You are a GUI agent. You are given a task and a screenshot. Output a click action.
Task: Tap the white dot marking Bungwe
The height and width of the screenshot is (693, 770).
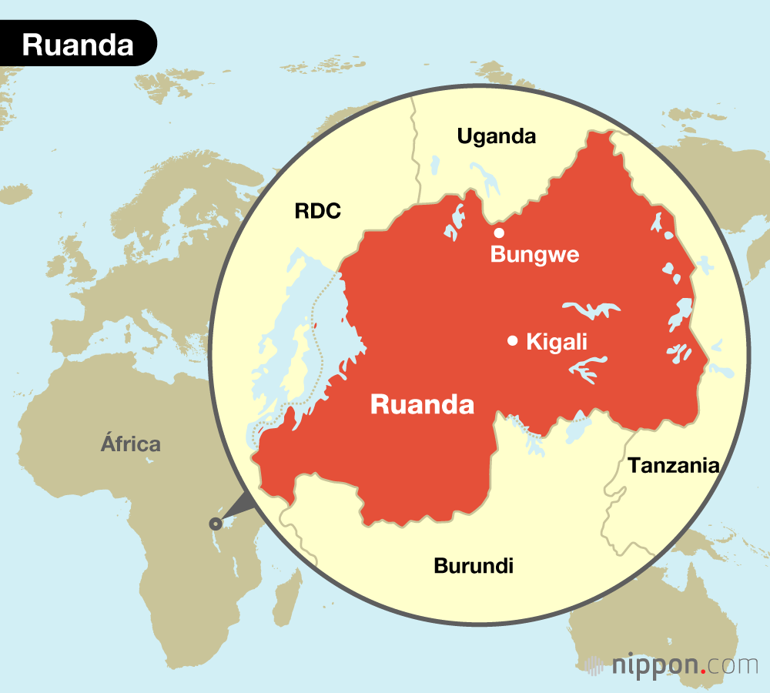[x=499, y=233]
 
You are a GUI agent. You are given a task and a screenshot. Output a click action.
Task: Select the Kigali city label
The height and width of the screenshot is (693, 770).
[x=557, y=342]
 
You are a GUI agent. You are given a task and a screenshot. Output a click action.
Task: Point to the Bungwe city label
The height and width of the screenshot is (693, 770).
[x=534, y=255]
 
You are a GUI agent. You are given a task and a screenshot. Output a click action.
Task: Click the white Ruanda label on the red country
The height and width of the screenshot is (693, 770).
[x=422, y=404]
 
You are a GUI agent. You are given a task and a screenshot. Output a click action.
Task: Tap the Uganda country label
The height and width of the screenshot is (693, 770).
[x=496, y=137]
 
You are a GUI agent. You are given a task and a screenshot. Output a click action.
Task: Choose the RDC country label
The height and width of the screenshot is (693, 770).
[x=317, y=212]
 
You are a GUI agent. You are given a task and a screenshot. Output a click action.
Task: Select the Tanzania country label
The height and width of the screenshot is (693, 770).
[x=673, y=465]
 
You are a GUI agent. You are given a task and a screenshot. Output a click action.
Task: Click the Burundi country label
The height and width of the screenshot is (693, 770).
[x=474, y=566]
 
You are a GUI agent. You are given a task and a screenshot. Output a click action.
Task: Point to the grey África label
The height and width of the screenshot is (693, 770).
[x=131, y=444]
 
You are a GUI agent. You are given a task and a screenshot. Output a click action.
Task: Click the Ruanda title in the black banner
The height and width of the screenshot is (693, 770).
[x=78, y=45]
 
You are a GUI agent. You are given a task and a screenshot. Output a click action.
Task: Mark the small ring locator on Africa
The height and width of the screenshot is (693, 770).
[x=215, y=524]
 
